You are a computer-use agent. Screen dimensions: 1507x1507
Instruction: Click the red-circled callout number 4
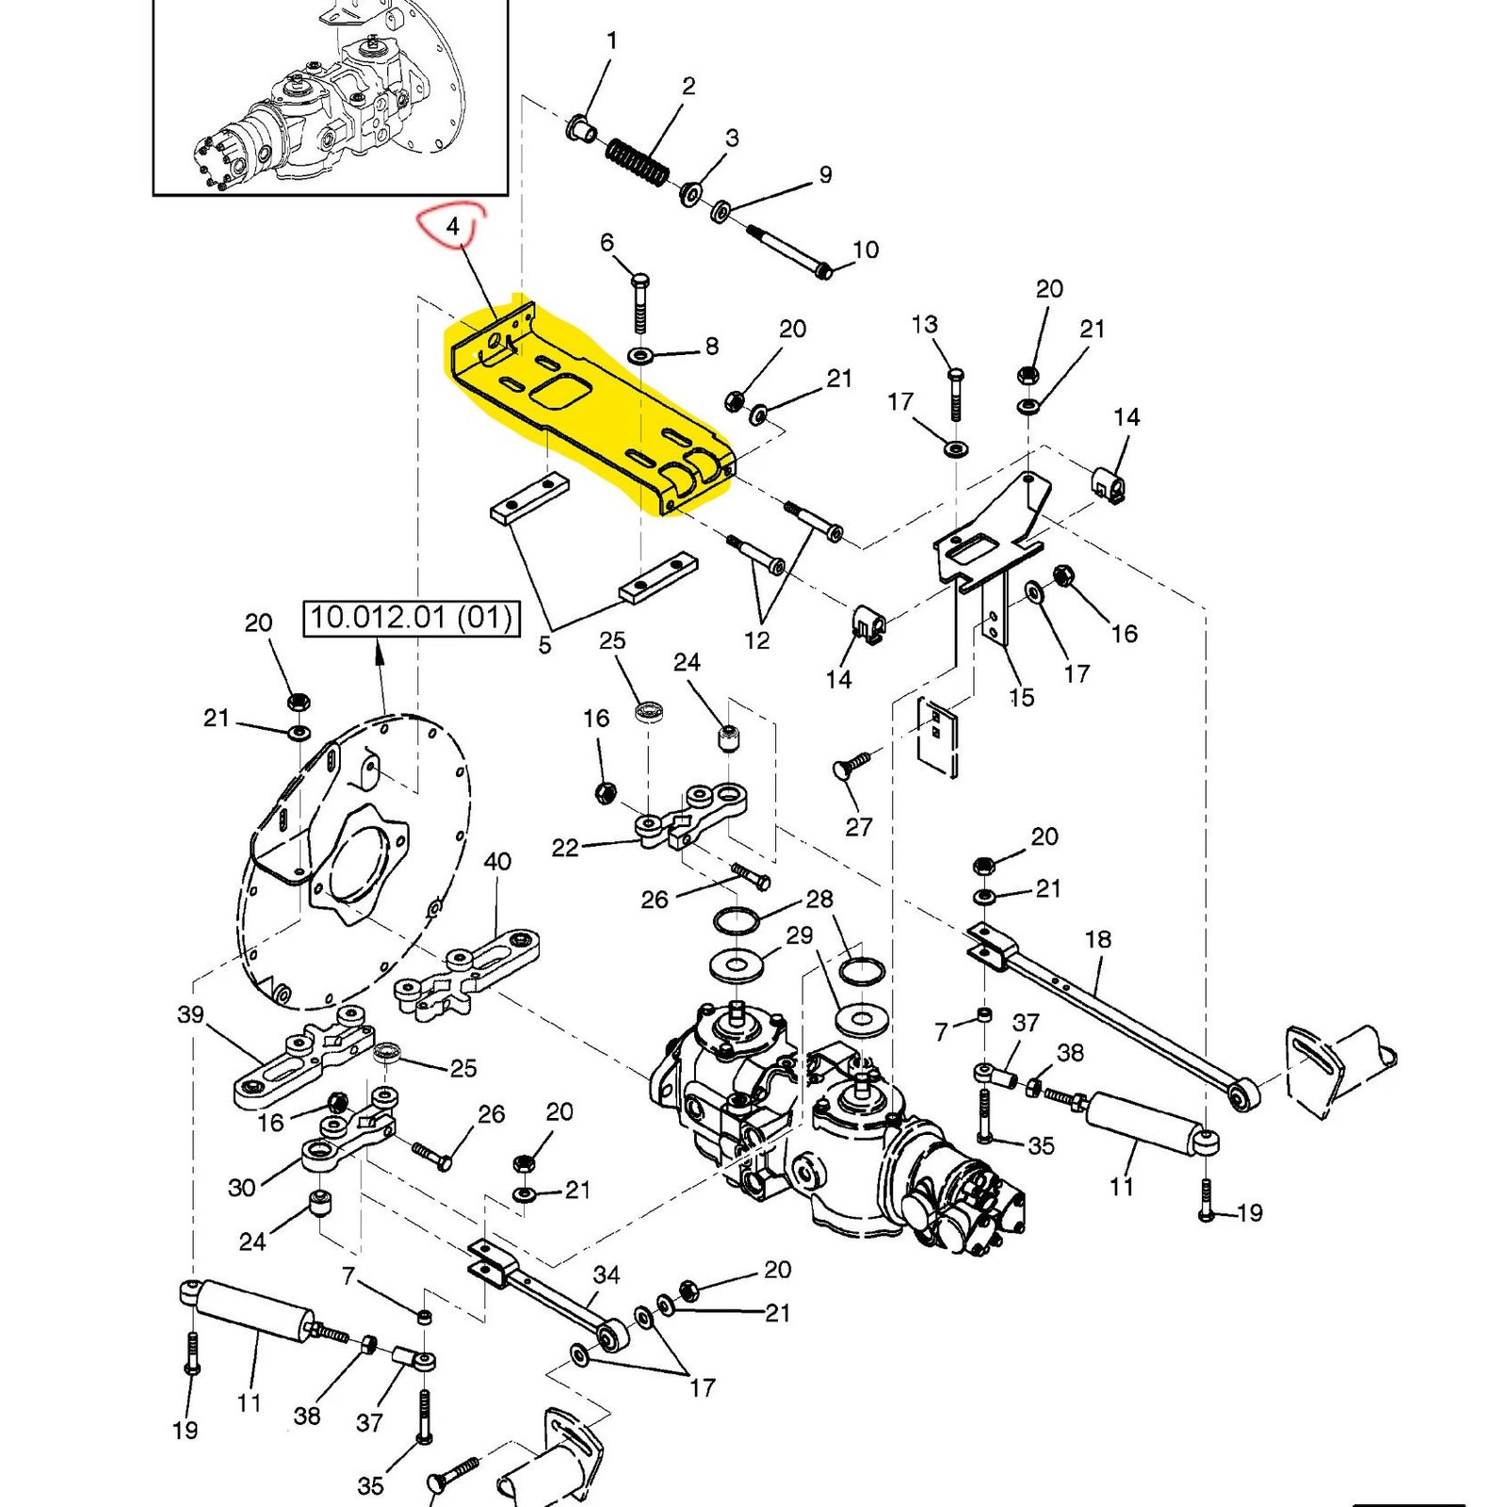453,227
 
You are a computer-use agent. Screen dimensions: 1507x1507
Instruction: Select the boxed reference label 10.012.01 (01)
412,618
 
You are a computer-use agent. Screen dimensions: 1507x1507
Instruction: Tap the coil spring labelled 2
638,162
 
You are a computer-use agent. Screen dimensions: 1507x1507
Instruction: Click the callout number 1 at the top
612,41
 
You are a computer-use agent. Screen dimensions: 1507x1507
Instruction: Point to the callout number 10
865,250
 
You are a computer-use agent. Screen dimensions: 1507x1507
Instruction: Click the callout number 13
924,324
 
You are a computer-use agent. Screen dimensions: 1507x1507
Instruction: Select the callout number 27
858,826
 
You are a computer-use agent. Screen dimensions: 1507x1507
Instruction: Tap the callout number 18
1097,939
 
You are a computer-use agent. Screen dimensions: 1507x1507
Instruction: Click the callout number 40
497,861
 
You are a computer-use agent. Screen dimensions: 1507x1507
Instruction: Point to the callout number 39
190,1014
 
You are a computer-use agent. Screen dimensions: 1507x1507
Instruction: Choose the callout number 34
607,1274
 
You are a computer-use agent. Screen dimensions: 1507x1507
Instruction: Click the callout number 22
564,848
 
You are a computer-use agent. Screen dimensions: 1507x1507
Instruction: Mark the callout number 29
799,935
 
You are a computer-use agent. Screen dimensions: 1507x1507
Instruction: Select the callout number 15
1021,697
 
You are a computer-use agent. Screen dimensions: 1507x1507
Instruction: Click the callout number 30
242,1187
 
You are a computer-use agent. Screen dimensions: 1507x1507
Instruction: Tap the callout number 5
544,645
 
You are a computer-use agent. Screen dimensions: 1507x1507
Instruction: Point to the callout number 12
756,640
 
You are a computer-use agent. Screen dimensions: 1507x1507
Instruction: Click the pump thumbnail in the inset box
330,104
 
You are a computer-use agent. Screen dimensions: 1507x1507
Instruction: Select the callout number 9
825,174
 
